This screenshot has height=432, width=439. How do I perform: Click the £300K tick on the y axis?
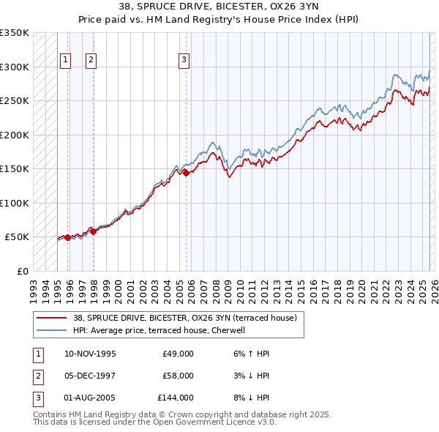tap(15, 67)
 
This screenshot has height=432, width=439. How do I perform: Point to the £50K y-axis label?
tap(16, 237)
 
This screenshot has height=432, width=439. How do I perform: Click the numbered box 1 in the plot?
tap(66, 60)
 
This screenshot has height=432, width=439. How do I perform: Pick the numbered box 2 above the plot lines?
tap(91, 60)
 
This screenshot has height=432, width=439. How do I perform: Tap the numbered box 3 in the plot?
tap(184, 60)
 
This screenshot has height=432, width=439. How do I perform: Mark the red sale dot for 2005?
tap(186, 173)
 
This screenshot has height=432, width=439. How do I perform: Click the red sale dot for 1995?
tap(68, 237)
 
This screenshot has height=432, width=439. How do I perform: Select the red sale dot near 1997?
tap(93, 231)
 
